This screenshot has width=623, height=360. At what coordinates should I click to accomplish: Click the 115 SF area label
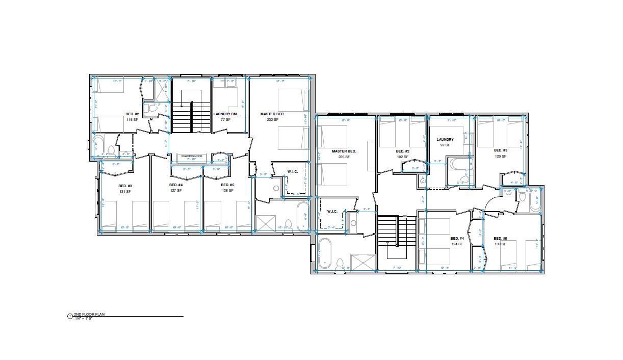pos(132,119)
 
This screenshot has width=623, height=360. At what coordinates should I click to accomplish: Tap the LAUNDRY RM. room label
pos(225,114)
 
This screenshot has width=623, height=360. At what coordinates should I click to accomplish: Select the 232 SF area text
pos(272,119)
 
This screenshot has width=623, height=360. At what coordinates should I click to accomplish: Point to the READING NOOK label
pos(192,156)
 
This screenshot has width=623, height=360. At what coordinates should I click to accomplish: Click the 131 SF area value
pos(125,191)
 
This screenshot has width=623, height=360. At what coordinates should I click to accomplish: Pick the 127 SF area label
pos(176,191)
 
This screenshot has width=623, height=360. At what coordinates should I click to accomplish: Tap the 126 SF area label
pos(227,191)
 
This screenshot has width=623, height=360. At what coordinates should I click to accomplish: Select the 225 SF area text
pos(344,157)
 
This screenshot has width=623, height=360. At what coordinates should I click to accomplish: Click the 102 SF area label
pos(403,157)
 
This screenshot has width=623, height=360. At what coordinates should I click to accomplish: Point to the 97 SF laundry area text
pos(445,145)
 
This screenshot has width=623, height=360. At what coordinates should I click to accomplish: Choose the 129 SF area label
pos(500,156)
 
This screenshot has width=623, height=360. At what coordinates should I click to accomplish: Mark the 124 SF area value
pos(457,244)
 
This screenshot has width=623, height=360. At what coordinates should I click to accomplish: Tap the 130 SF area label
pos(500,244)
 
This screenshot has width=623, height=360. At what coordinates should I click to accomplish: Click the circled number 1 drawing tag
pos(70,316)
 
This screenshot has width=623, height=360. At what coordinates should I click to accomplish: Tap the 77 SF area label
pos(225,119)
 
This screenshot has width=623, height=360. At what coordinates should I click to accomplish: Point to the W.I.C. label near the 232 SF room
pos(292,171)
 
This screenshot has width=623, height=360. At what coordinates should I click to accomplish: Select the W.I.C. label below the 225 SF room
pos(332,211)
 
